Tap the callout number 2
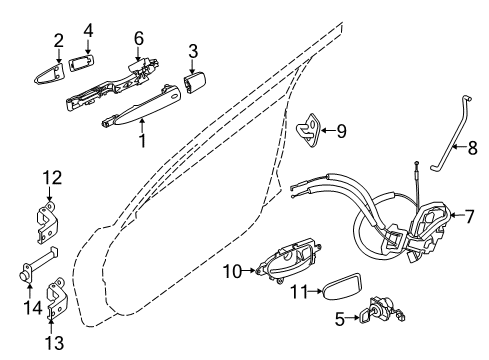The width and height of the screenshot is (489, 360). click(58, 41)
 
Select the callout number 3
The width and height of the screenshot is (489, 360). click(193, 50)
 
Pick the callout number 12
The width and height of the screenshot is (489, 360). click(50, 178)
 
